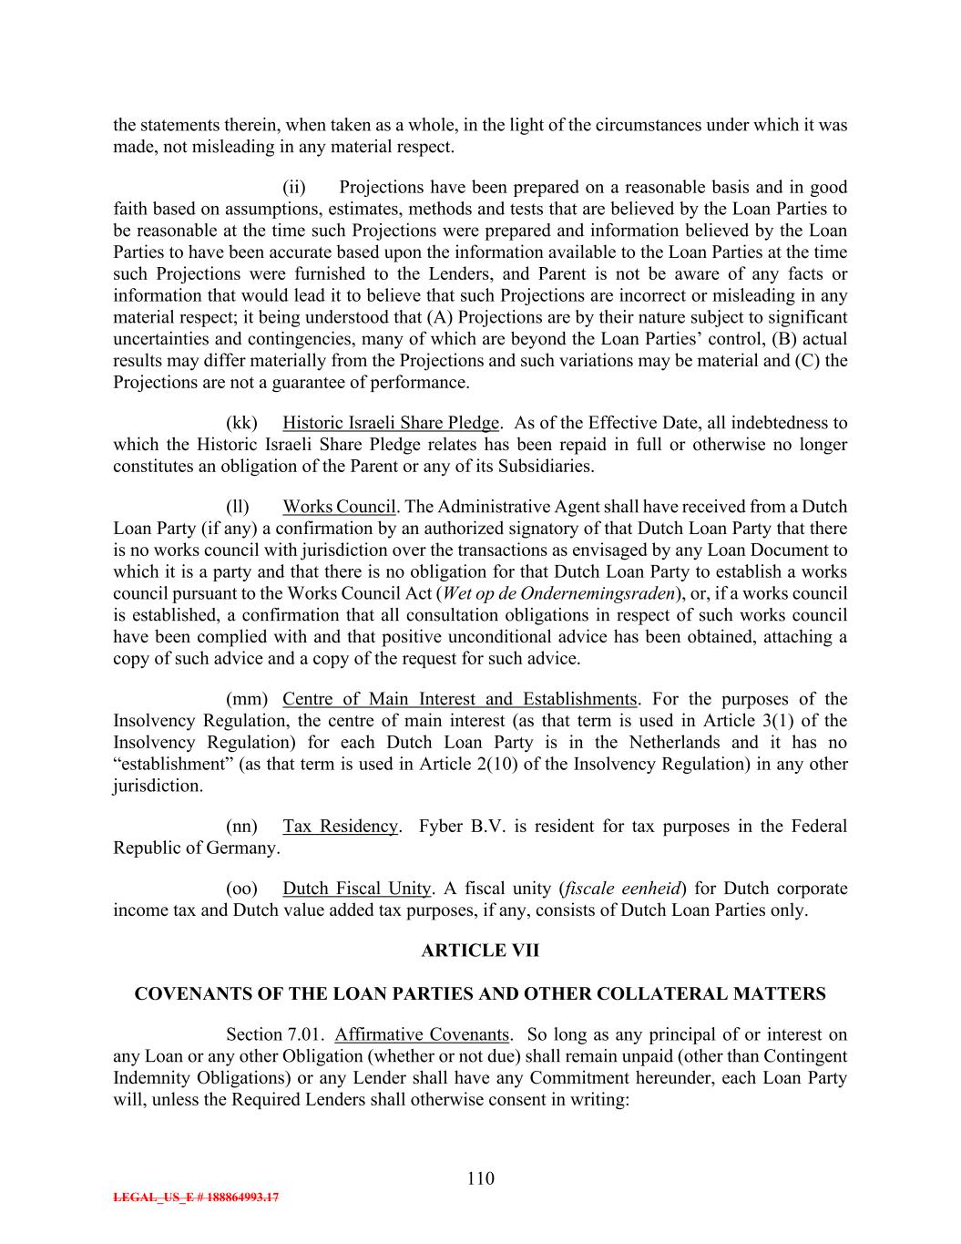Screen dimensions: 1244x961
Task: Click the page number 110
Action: click(480, 1178)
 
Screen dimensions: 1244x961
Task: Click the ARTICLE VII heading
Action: click(480, 951)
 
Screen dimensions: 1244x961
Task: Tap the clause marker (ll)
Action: click(238, 507)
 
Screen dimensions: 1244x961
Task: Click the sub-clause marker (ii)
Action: click(293, 188)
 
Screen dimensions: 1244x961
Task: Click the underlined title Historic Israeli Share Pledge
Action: click(391, 423)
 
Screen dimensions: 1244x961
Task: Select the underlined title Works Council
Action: click(339, 507)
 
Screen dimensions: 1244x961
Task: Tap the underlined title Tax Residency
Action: click(340, 826)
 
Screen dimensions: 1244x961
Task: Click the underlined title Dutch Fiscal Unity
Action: click(356, 888)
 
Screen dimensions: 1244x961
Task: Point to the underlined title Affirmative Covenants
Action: click(421, 1034)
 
